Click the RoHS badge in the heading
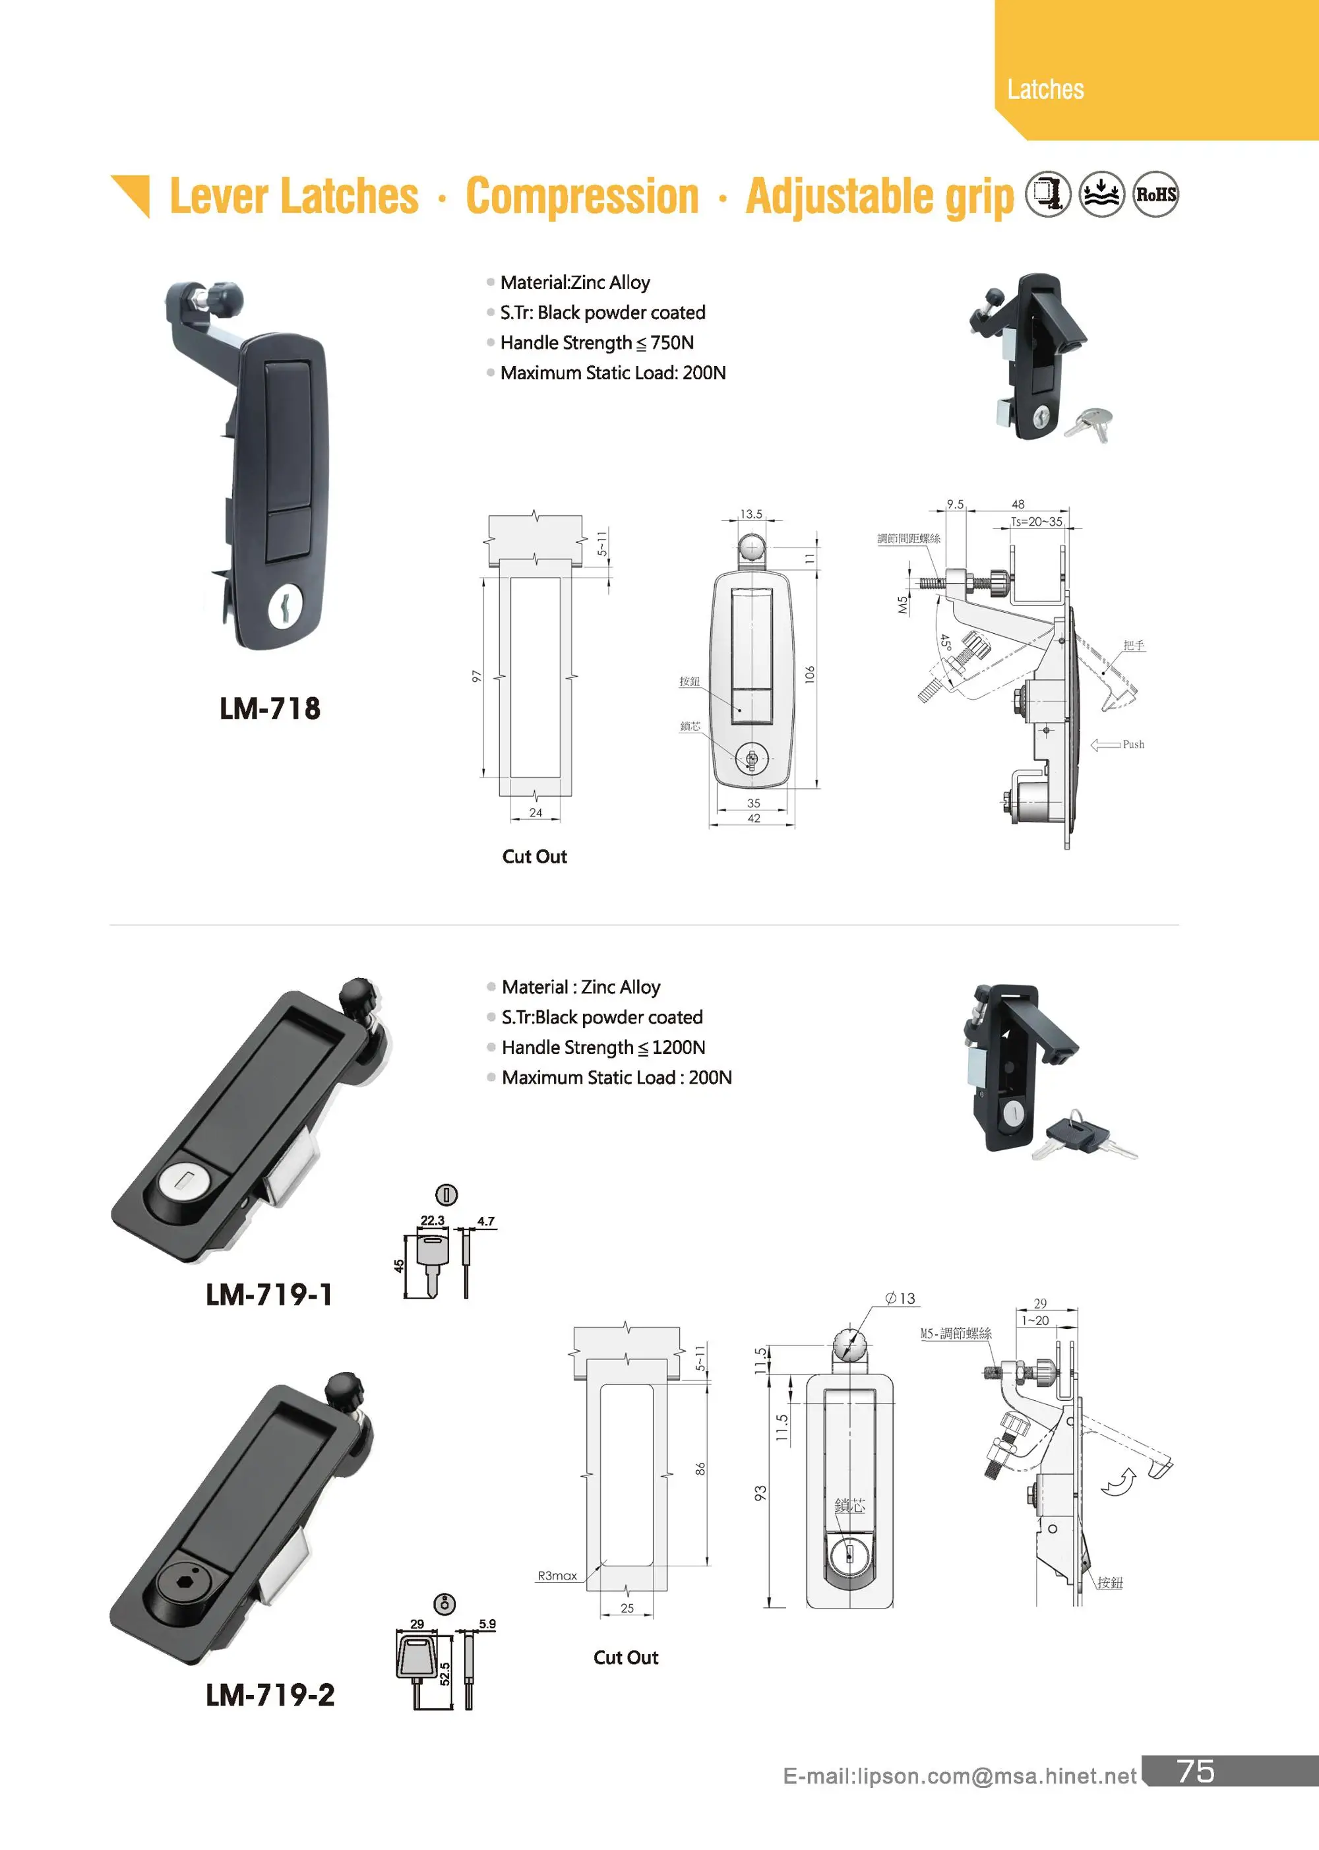tap(1155, 195)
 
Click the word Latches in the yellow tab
tap(1045, 89)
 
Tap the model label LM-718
tap(270, 708)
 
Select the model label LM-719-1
tap(269, 1294)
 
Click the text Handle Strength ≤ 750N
tap(596, 343)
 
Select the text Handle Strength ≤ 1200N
tap(603, 1047)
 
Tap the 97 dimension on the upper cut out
tap(476, 677)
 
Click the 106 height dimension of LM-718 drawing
tap(809, 674)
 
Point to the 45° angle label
tap(944, 642)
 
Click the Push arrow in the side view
tap(1106, 745)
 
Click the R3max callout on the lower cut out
tap(557, 1576)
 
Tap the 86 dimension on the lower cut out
tap(700, 1468)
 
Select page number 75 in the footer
tap(1196, 1772)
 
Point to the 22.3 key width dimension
tap(432, 1221)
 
